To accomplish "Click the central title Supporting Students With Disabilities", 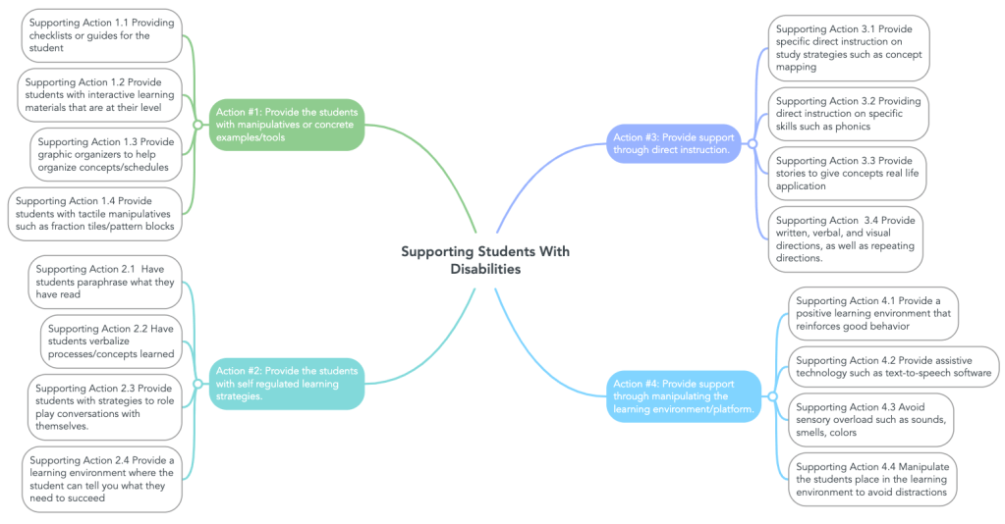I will tap(484, 260).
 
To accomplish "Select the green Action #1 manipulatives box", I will tap(285, 125).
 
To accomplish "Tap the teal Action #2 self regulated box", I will tap(285, 384).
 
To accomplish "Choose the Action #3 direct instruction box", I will tap(673, 143).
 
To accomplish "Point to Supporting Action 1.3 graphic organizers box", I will tap(106, 154).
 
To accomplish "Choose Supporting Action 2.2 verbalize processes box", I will tap(111, 341).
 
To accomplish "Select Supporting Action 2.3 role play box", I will tap(104, 406).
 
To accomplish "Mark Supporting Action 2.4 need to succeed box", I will tap(101, 479).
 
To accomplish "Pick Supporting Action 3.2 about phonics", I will tap(848, 114).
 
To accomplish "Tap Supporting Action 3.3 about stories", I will tap(847, 173).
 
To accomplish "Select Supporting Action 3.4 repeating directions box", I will tap(845, 239).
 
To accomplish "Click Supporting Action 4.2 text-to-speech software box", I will tap(894, 367).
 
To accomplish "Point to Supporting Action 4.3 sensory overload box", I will tap(870, 419).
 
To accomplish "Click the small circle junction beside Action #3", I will tap(752, 144).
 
